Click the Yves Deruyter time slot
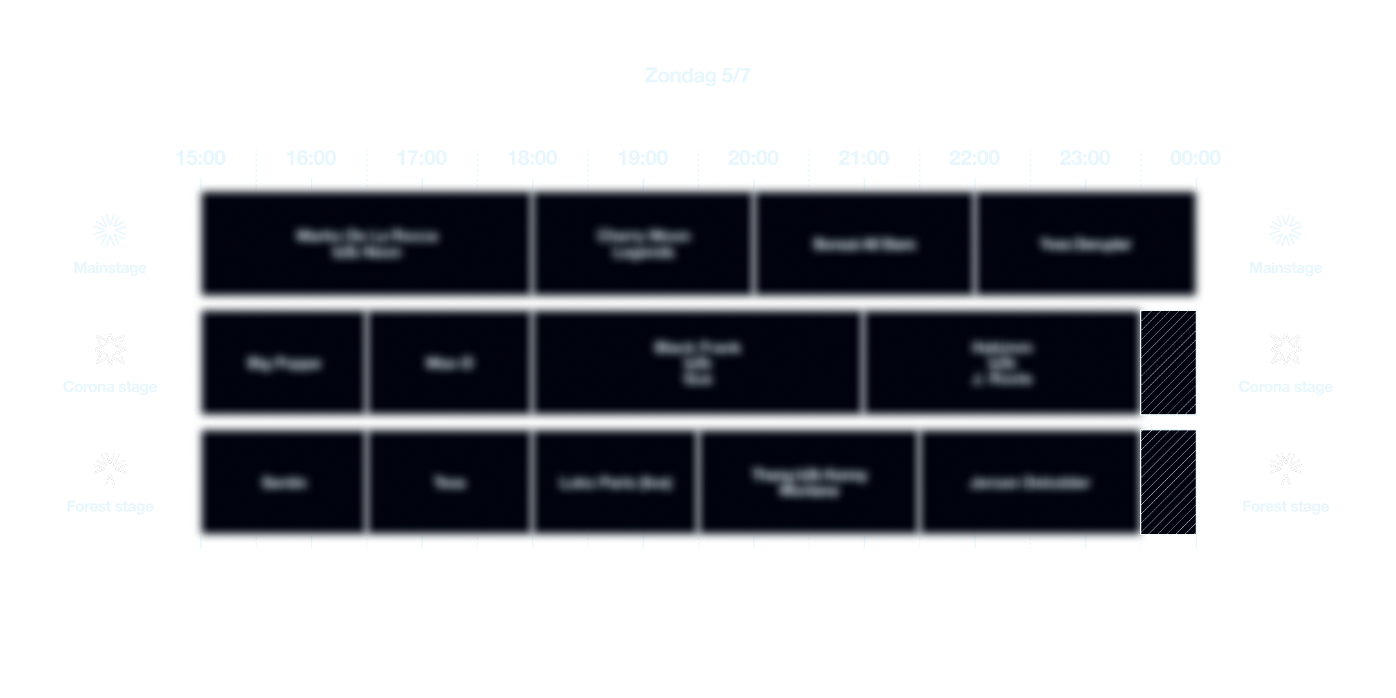(x=1086, y=244)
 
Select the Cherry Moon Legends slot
(x=643, y=244)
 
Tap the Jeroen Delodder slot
(x=1030, y=483)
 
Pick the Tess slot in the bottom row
(x=449, y=483)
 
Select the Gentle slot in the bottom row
(x=282, y=483)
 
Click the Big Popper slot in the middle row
(x=282, y=363)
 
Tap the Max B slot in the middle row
(x=449, y=363)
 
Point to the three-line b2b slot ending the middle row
(x=1002, y=363)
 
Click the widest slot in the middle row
(x=697, y=363)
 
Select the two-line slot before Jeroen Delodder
(x=809, y=483)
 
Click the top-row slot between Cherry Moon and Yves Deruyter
(x=863, y=244)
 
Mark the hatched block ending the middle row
(x=1168, y=362)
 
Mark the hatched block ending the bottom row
(x=1168, y=482)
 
